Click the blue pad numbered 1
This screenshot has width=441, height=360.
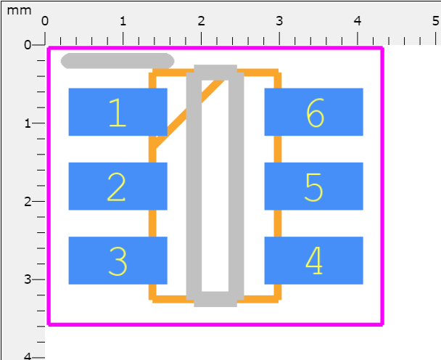pyautogui.click(x=118, y=112)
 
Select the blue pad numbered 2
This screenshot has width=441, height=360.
pyautogui.click(x=118, y=187)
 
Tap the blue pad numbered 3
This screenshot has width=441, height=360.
pyautogui.click(x=118, y=261)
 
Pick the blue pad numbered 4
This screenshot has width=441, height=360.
pyautogui.click(x=313, y=261)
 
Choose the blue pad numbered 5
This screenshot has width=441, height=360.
pyautogui.click(x=313, y=187)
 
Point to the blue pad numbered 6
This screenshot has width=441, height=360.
pyautogui.click(x=313, y=112)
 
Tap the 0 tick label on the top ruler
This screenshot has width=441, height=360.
pyautogui.click(x=45, y=20)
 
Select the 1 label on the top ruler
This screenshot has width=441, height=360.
pyautogui.click(x=123, y=20)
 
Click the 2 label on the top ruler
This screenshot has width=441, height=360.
pyautogui.click(x=202, y=20)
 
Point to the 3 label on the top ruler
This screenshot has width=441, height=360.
pyautogui.click(x=280, y=20)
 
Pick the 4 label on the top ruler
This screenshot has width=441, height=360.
pyautogui.click(x=358, y=20)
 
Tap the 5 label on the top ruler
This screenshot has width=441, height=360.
pyautogui.click(x=434, y=20)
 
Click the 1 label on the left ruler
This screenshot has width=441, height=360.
pyautogui.click(x=28, y=123)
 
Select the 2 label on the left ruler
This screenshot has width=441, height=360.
pyautogui.click(x=28, y=202)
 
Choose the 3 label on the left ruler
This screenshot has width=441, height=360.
pyautogui.click(x=28, y=280)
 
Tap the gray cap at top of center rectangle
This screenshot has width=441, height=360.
pyautogui.click(x=215, y=72)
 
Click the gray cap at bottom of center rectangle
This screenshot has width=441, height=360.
pyautogui.click(x=215, y=299)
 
